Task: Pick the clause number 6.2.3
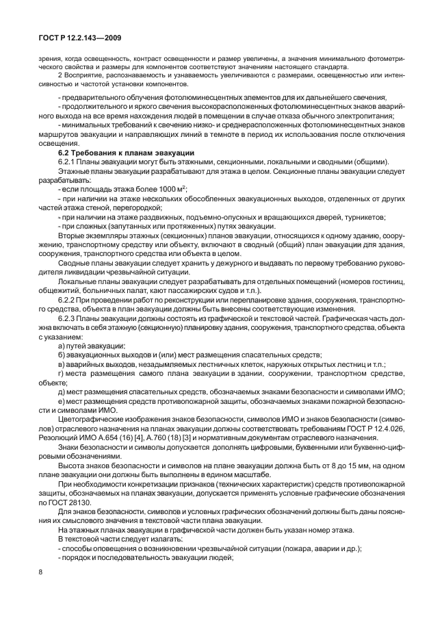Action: pyautogui.click(x=70, y=320)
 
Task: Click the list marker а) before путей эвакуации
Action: pyautogui.click(x=63, y=347)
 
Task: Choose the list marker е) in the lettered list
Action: pyautogui.click(x=63, y=400)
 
